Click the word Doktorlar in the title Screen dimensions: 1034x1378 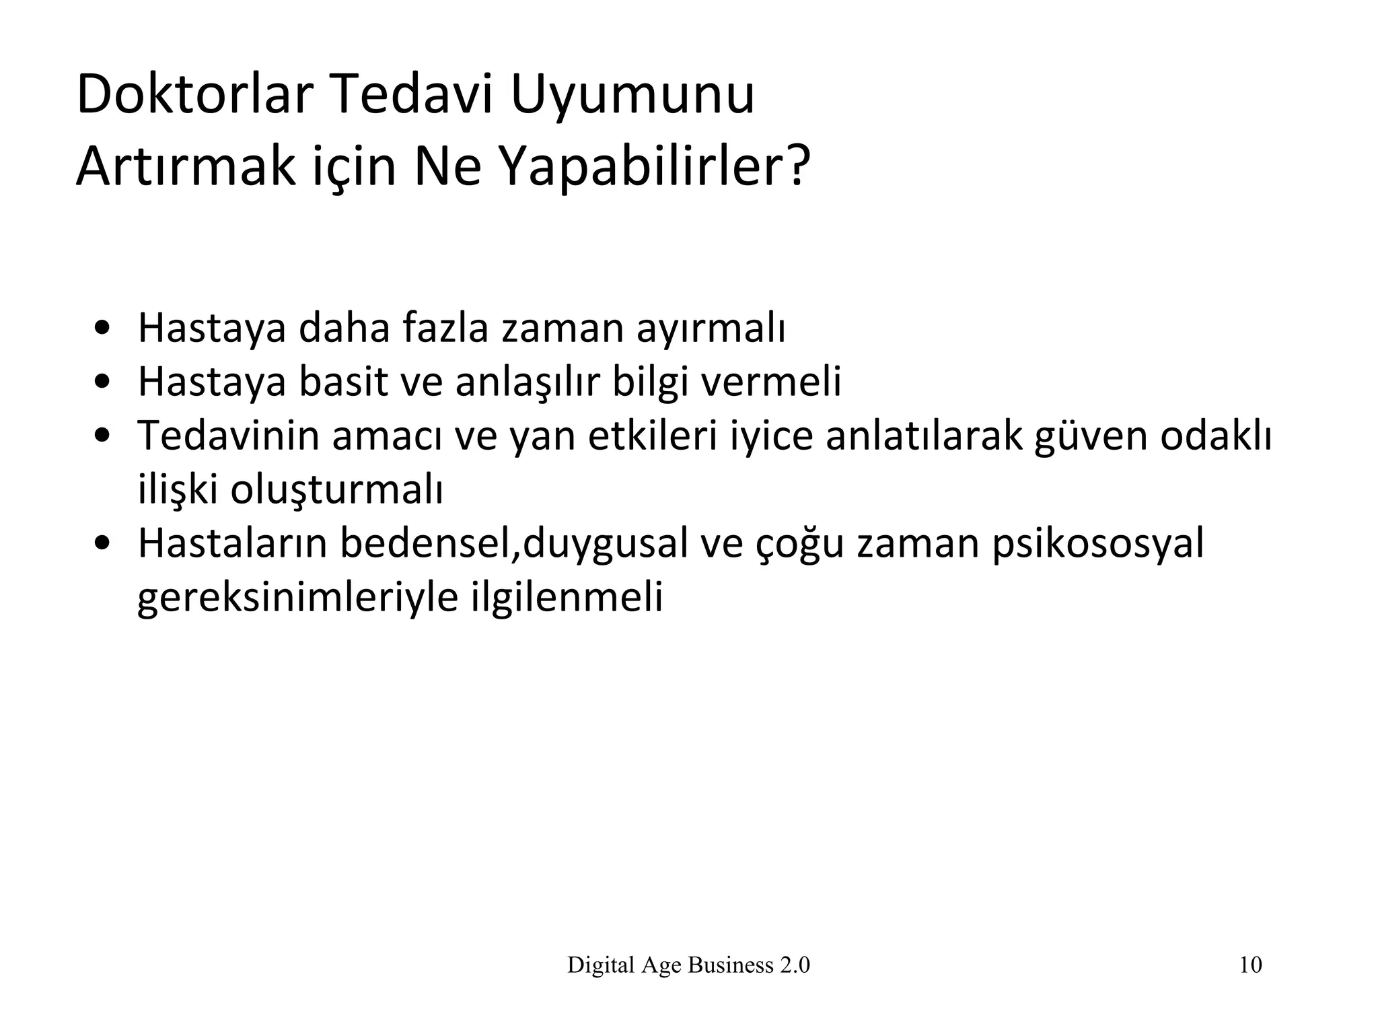point(196,95)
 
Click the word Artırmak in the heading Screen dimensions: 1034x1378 point(186,166)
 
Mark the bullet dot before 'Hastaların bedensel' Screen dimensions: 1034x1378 point(103,544)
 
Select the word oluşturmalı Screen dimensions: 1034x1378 point(336,490)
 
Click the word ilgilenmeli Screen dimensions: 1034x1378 point(567,596)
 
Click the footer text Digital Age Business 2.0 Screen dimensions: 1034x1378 point(688,965)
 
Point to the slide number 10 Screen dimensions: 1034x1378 point(1250,965)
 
